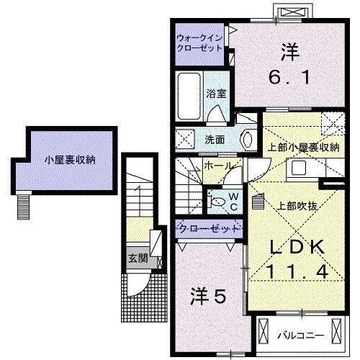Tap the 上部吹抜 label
(x=297, y=204)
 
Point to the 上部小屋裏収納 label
(x=302, y=148)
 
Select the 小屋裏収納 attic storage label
(x=68, y=160)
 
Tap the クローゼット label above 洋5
(x=210, y=229)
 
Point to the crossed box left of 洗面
(x=185, y=139)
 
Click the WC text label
(x=234, y=201)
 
